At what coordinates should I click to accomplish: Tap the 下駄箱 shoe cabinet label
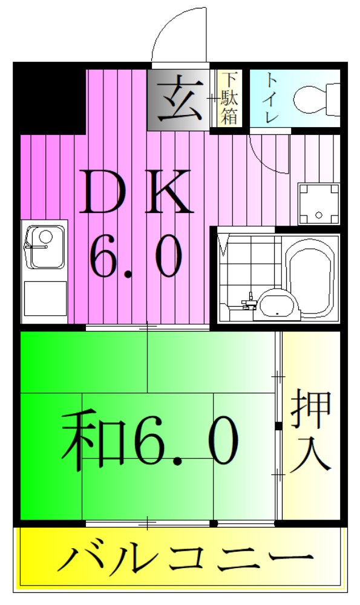coord(229,98)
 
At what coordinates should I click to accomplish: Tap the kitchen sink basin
coord(45,247)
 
